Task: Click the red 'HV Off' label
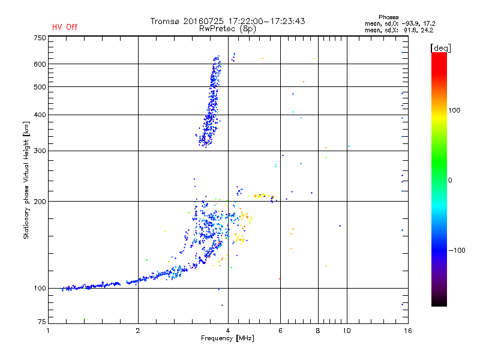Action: pos(65,27)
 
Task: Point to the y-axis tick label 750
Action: pos(40,38)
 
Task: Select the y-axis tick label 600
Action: pos(40,64)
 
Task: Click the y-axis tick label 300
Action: pos(40,151)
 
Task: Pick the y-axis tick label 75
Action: pos(41,324)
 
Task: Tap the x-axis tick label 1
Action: pos(49,331)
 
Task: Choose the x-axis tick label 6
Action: pos(280,331)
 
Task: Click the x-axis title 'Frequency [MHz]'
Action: pos(227,339)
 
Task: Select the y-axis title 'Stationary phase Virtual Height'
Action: pos(26,180)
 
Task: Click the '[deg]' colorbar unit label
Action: pos(441,47)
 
